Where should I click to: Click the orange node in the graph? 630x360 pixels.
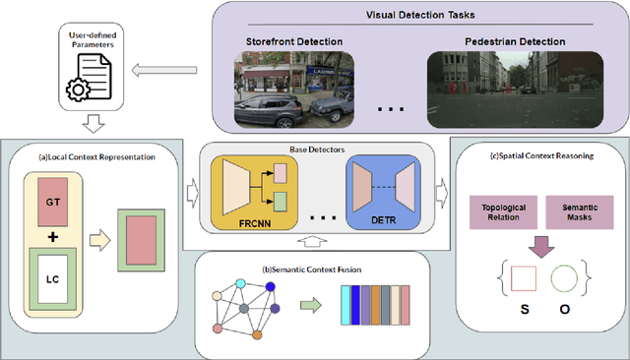pyautogui.click(x=257, y=334)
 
